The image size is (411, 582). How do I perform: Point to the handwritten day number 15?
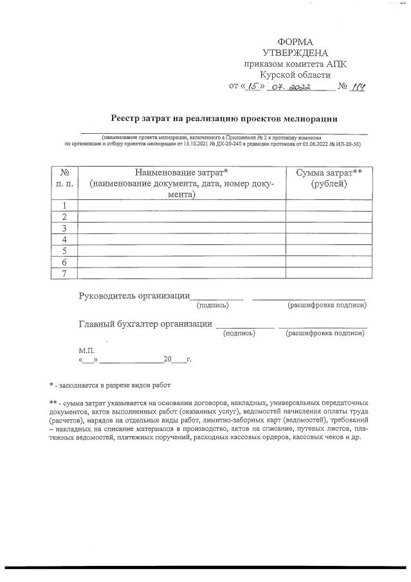coord(253,86)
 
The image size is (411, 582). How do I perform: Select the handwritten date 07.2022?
coord(291,87)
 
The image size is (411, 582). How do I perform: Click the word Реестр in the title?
coord(127,118)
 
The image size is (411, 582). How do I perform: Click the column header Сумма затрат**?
coord(328,172)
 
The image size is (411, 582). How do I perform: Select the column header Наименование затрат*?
coord(181,172)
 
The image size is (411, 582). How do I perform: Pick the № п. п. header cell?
coord(64,178)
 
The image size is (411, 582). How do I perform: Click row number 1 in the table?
coord(64,206)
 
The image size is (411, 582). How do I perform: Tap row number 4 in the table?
coord(64,239)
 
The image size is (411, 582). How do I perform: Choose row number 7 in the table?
coord(64,273)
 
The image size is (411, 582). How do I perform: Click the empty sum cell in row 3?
coord(328,228)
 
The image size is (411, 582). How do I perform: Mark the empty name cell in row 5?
coord(181,251)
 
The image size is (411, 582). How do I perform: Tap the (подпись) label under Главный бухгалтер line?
coord(239,333)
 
